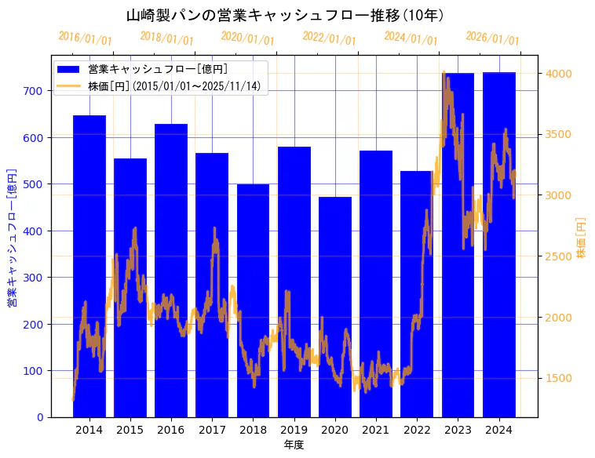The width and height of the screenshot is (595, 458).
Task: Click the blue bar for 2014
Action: [x=89, y=267]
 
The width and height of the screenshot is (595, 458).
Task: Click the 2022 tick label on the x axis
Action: [x=417, y=430]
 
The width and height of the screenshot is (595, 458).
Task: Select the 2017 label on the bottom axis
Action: [x=212, y=430]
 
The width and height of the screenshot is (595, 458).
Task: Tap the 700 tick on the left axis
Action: [x=33, y=91]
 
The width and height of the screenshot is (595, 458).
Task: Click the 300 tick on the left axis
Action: [x=33, y=278]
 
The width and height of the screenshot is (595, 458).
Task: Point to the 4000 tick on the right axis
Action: [x=558, y=74]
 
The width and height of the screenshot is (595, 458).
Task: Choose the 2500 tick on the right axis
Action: [x=558, y=256]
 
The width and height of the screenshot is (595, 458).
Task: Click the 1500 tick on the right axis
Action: [x=558, y=379]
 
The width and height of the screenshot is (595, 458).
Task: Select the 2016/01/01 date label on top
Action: [x=86, y=38]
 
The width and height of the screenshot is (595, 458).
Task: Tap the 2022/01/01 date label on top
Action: [x=330, y=38]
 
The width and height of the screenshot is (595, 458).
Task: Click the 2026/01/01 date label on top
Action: [x=492, y=38]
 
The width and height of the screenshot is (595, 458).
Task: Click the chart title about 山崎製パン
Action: [x=285, y=16]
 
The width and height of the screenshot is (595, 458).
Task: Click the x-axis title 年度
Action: [x=294, y=445]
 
